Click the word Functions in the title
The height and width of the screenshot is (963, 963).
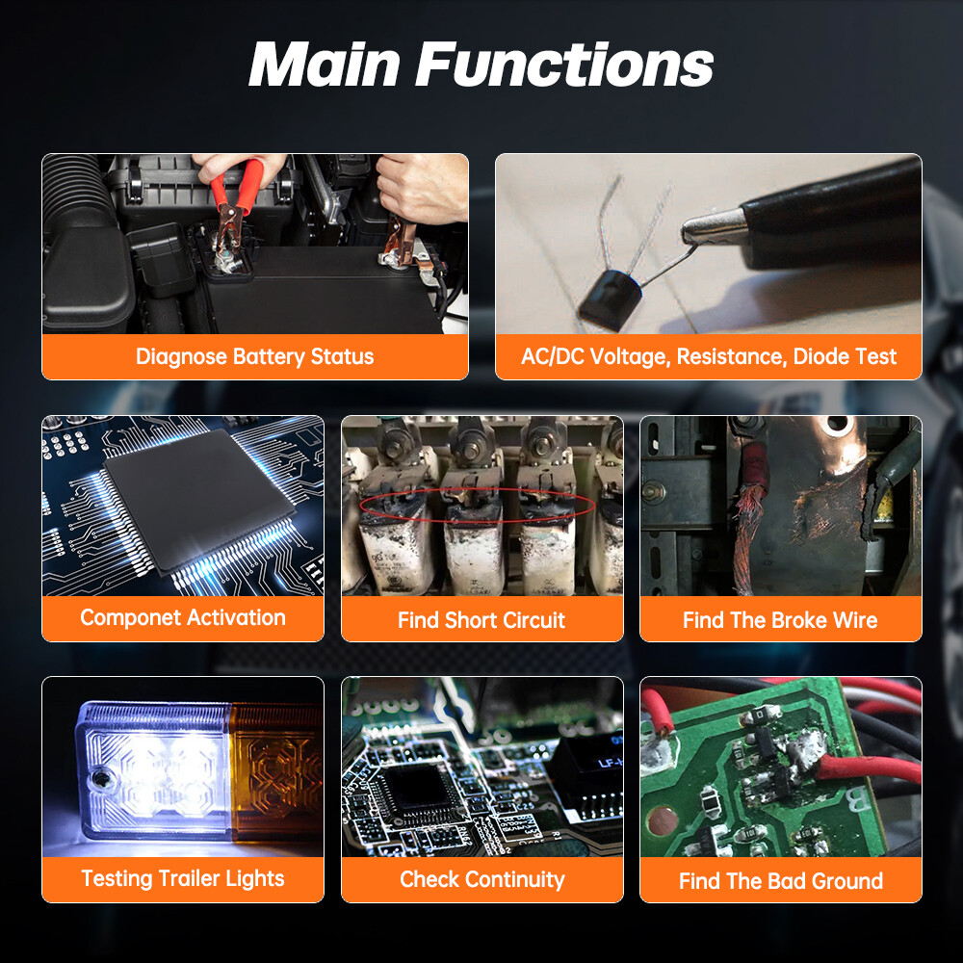coord(564,65)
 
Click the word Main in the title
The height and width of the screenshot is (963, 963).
coord(325,65)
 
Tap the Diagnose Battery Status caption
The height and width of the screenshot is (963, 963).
coord(255,357)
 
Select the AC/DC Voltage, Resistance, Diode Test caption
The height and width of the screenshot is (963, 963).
coord(709,357)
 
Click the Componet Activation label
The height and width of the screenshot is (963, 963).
coord(183,617)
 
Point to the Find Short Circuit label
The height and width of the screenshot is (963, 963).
coord(481,620)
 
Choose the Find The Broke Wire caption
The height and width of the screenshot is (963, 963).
coord(780,620)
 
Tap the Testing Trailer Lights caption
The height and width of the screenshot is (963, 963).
coord(183,879)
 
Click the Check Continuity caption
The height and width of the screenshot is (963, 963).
coord(482,879)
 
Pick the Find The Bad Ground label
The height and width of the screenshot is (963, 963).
coord(781,881)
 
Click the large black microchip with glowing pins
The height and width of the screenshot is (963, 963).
coord(198,501)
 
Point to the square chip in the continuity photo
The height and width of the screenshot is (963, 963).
coord(418,791)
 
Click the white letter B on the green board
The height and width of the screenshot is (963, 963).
coord(857,797)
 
